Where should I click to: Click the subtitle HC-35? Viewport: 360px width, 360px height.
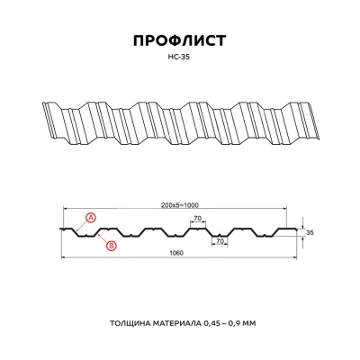[x=180, y=60]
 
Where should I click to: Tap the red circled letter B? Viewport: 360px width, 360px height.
[x=111, y=245]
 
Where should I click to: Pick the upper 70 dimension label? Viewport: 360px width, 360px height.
[x=196, y=219]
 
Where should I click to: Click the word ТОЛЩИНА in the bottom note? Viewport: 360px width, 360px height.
[x=131, y=321]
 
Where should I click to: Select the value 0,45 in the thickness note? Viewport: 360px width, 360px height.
[x=220, y=321]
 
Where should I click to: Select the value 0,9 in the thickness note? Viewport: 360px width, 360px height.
[x=247, y=321]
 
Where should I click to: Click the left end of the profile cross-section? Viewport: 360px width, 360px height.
[x=61, y=228]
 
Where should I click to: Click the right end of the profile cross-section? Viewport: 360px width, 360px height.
[x=298, y=228]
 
